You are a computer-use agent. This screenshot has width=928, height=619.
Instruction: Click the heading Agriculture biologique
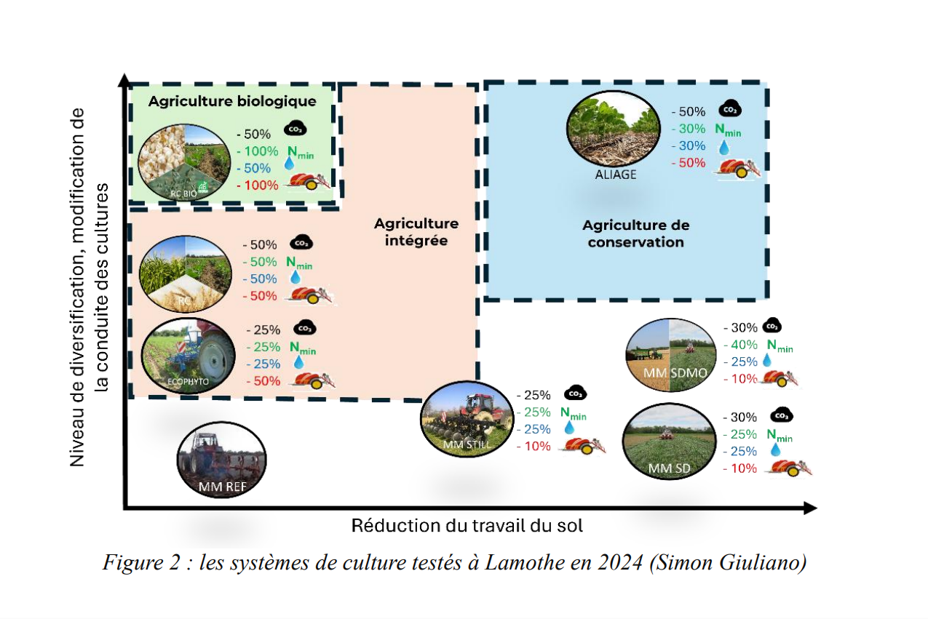pos(232,101)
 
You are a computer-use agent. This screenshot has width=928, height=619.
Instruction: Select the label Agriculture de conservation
pos(635,233)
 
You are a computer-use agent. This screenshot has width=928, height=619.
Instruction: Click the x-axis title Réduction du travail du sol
pos(467,525)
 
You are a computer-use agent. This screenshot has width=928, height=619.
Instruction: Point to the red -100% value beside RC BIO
pos(258,185)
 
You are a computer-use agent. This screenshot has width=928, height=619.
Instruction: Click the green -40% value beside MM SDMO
pos(739,345)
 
